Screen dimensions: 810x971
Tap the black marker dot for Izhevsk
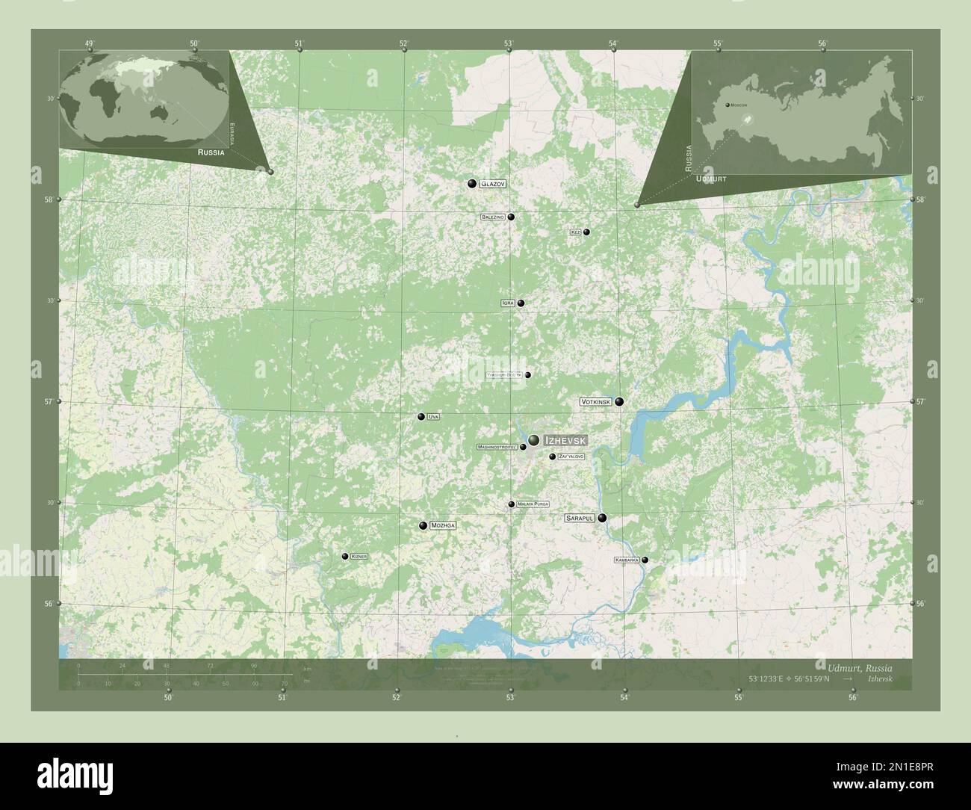click(x=534, y=440)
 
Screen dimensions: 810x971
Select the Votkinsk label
click(x=596, y=402)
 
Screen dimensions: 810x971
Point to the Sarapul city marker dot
click(x=602, y=517)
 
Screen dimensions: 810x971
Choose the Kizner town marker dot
click(x=344, y=556)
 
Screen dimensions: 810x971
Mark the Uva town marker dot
click(x=421, y=417)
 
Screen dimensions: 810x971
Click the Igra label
click(x=509, y=303)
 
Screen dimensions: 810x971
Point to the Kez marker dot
click(x=587, y=232)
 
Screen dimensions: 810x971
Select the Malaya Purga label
click(x=533, y=504)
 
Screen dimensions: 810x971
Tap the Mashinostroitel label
click(x=497, y=448)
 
